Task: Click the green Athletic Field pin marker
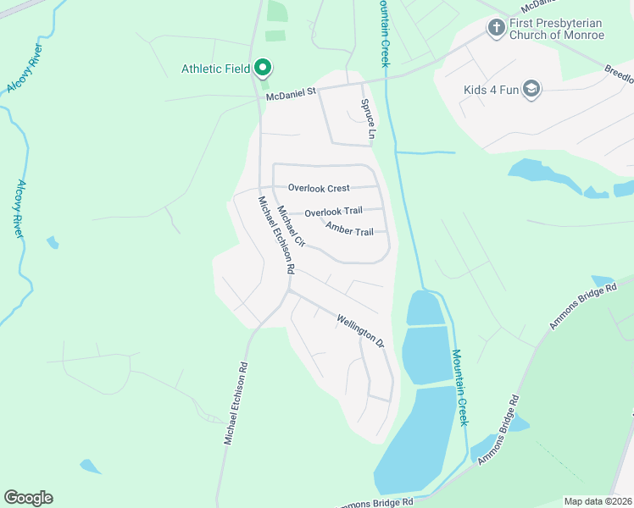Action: (263, 68)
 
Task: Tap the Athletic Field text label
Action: (216, 69)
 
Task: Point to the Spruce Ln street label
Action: (367, 119)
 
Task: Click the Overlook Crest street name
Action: (319, 188)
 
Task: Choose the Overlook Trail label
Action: (333, 213)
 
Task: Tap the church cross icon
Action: (496, 28)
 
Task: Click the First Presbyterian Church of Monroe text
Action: (557, 29)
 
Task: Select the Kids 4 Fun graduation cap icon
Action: (531, 90)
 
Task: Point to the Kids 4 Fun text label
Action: (491, 90)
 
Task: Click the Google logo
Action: (28, 498)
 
